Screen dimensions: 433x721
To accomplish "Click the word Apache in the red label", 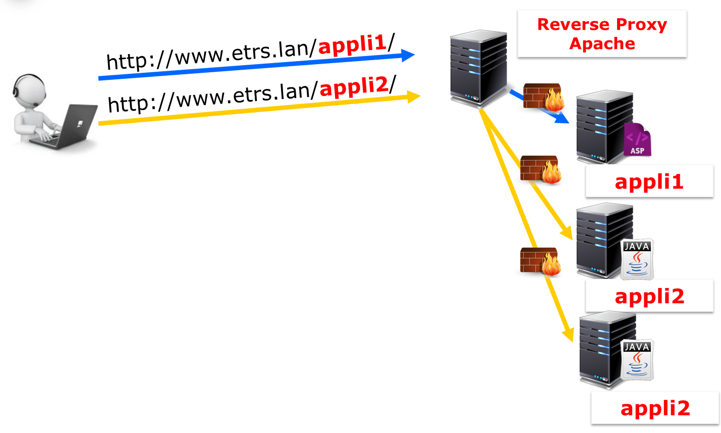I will tap(602, 44).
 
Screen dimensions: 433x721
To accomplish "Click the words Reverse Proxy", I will tap(602, 24).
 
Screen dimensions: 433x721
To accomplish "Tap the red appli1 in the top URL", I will tap(352, 44).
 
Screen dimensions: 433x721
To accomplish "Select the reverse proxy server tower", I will tap(478, 68).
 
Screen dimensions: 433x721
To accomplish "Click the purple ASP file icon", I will tap(637, 139).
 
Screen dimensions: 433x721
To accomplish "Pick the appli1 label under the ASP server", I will tap(649, 181).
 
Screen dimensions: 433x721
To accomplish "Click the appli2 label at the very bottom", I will tap(655, 408).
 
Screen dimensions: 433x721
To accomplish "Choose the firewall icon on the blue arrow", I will tap(543, 97).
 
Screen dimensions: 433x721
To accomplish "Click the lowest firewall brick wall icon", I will tap(540, 261).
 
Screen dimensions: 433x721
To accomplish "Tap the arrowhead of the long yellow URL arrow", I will tap(413, 96).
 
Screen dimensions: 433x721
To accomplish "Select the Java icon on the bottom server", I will tap(637, 360).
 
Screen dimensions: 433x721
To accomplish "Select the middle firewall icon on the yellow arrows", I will tap(540, 169).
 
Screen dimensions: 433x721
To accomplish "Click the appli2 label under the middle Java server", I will tap(649, 296).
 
